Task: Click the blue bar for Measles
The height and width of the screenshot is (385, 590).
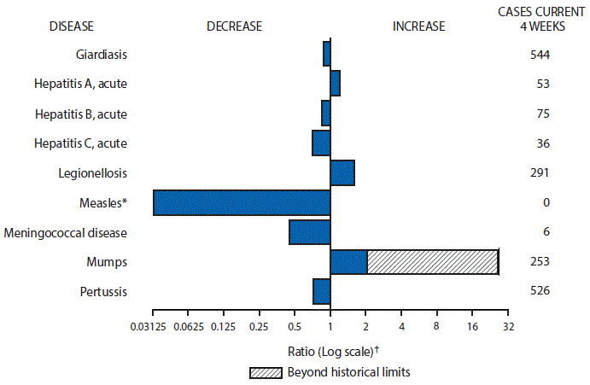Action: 242,202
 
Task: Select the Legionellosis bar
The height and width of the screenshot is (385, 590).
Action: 342,172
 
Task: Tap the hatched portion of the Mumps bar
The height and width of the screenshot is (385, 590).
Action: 432,262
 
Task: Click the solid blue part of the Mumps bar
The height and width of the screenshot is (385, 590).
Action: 348,262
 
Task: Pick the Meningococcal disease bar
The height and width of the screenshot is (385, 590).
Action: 309,232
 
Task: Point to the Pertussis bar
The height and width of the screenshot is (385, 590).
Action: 321,291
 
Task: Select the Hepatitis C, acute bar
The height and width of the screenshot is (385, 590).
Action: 321,143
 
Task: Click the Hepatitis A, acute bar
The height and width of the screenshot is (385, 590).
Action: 335,84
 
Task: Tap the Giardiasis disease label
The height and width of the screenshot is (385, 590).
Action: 102,55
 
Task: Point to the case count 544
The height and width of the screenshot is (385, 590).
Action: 538,55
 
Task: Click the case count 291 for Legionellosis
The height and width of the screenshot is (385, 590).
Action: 538,172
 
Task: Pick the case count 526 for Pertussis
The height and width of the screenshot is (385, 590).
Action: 538,291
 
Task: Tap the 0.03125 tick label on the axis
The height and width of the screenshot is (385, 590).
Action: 152,325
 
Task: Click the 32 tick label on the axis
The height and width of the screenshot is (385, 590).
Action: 508,325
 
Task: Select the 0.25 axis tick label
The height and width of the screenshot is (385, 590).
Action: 259,325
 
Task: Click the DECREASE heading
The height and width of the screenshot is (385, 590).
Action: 233,26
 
